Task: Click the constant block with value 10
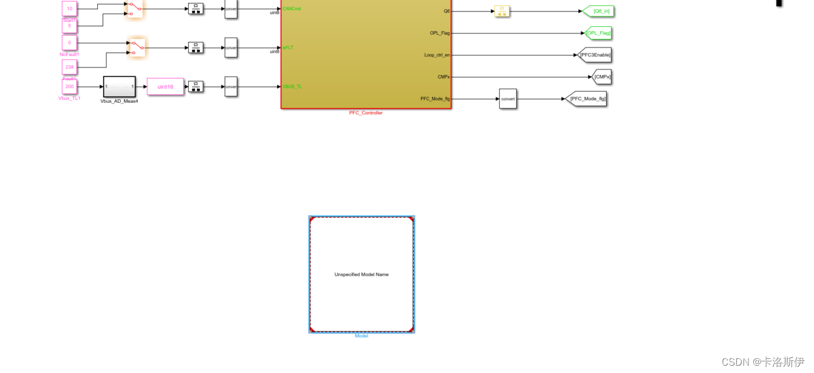pos(69,9)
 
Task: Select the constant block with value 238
pos(69,67)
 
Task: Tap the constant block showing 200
pos(69,86)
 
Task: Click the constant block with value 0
pos(69,43)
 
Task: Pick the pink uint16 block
pos(165,86)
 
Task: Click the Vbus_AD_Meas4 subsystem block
pos(119,86)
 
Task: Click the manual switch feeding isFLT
pos(138,47)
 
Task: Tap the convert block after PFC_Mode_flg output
pos(508,99)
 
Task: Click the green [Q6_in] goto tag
pos(599,11)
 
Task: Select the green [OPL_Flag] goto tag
pos(598,33)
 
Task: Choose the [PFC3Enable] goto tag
pos(595,55)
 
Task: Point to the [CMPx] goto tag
pos(601,77)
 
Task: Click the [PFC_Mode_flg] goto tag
pos(587,99)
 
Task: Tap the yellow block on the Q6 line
pos(502,11)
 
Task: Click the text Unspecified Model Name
pos(361,274)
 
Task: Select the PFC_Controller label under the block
pos(366,113)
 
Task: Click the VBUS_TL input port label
pos(292,86)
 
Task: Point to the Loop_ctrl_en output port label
pos(437,55)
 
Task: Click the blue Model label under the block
pos(361,336)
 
